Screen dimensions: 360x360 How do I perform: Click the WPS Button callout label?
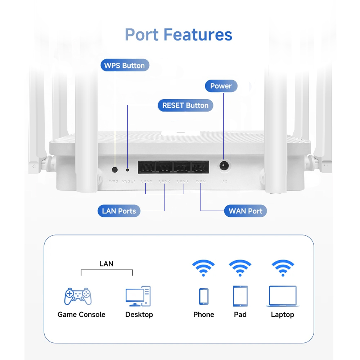click(x=124, y=66)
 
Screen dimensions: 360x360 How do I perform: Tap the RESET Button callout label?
click(x=185, y=105)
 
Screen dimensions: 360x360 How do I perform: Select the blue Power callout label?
click(x=221, y=86)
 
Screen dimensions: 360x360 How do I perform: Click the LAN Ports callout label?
click(x=119, y=211)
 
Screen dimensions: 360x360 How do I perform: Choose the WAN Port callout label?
click(x=246, y=211)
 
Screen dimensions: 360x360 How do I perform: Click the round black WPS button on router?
click(x=115, y=169)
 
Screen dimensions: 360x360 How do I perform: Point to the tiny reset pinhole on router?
click(x=127, y=170)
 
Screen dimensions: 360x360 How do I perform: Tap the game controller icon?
click(x=78, y=296)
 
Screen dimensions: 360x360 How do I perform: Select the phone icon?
click(x=204, y=296)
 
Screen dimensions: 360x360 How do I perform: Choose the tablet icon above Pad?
click(x=240, y=296)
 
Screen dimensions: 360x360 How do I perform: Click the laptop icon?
click(x=283, y=296)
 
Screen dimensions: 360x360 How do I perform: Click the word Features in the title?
click(x=198, y=35)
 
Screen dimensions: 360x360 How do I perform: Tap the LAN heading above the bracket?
click(x=106, y=264)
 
